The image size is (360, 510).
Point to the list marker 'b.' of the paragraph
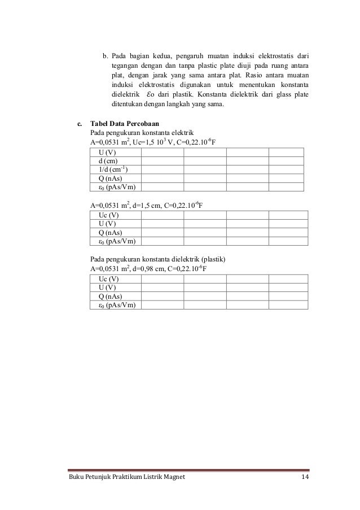[x=105, y=56]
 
